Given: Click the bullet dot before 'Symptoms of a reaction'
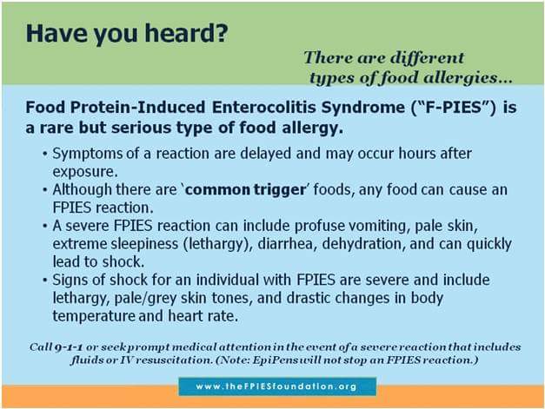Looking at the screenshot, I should tap(44, 154).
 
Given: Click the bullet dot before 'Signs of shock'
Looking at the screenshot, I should tap(44, 280).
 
